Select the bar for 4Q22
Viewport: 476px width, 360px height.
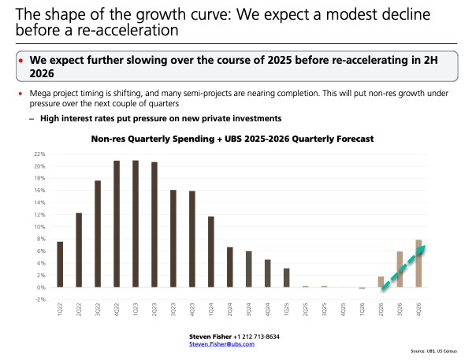(x=117, y=224)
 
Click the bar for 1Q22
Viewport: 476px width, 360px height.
(x=60, y=264)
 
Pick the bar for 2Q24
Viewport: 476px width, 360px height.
(x=230, y=267)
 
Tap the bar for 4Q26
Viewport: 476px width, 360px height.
(x=419, y=263)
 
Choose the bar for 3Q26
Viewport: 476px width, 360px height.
(x=400, y=269)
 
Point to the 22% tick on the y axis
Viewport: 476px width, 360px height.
(x=38, y=154)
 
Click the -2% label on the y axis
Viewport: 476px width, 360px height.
(x=38, y=299)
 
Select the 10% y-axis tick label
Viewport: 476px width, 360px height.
(x=38, y=227)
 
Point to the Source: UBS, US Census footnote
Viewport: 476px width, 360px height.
(x=444, y=352)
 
